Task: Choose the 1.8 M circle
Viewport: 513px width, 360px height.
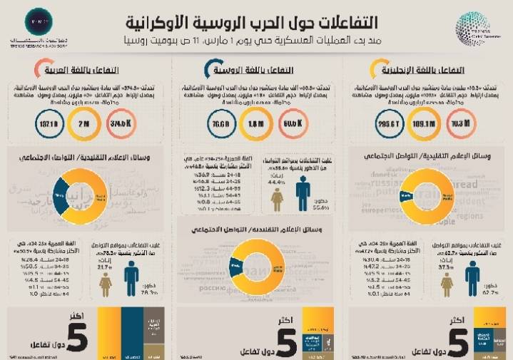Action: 256,125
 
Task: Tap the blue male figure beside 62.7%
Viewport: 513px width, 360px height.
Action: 472,278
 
